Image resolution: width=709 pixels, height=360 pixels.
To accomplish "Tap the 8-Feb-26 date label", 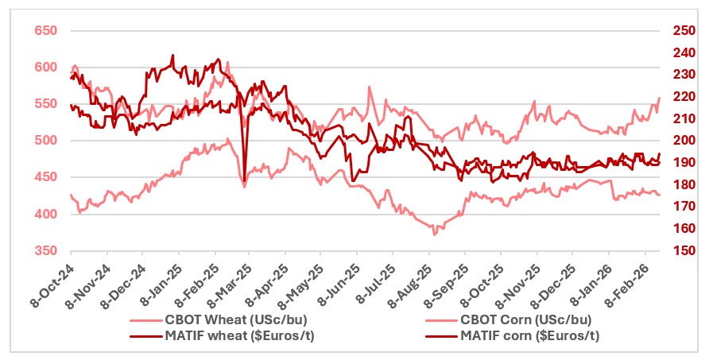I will (x=626, y=283).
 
